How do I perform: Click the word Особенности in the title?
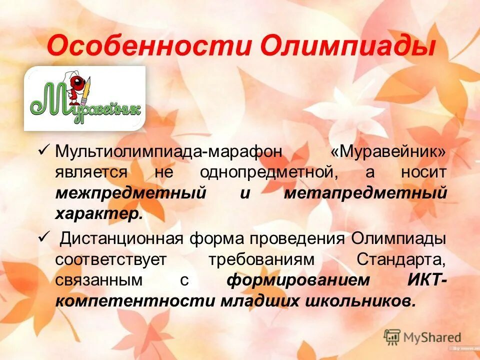coord(150,46)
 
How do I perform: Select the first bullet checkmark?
coord(43,149)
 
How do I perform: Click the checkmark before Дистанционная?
coord(43,237)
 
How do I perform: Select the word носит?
coord(423,172)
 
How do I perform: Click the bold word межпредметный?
coord(130,194)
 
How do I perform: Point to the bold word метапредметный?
coord(365,194)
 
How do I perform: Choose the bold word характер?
coord(99,215)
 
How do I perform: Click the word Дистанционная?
coord(121,238)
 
